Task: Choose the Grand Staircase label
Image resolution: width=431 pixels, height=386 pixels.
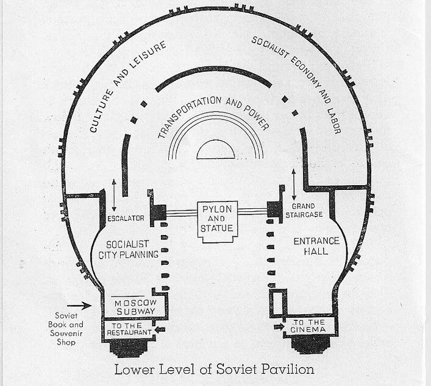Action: pos(308,211)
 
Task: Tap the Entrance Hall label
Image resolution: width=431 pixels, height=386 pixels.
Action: pos(311,246)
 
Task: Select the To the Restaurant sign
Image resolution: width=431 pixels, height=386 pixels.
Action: pos(130,329)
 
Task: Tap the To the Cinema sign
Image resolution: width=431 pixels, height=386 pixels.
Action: pos(310,326)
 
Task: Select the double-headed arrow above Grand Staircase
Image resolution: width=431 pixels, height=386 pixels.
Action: pos(295,182)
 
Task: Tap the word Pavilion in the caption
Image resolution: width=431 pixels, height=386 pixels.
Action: pos(291,369)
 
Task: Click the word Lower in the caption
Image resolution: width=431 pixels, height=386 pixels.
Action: pos(131,369)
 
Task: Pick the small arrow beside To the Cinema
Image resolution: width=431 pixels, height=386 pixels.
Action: pos(279,326)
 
